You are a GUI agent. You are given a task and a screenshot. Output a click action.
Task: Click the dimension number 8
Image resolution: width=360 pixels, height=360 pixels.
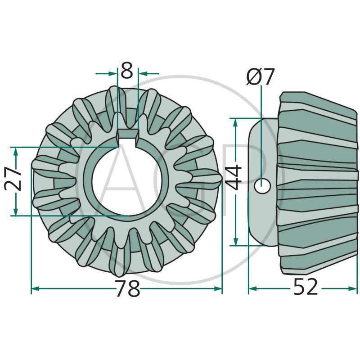point(127,72)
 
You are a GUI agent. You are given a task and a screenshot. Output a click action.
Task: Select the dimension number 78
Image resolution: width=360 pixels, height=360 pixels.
point(127,288)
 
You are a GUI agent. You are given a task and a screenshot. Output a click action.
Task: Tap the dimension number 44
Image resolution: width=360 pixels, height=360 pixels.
point(235,179)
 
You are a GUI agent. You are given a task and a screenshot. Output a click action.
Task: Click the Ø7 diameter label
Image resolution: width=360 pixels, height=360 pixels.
point(260,77)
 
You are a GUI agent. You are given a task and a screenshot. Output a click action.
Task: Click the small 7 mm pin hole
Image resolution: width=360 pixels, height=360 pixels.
point(262,185)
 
